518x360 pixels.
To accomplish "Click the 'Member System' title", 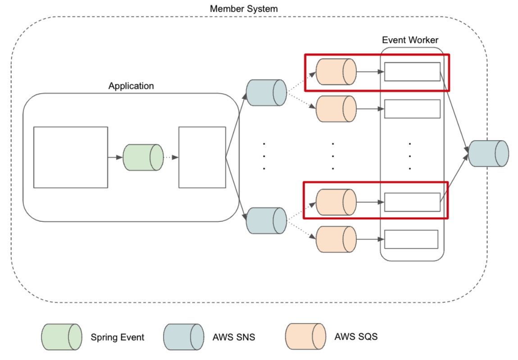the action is pyautogui.click(x=244, y=9).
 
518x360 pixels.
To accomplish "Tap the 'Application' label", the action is pyautogui.click(x=131, y=86).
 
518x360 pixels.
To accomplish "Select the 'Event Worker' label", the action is pyautogui.click(x=410, y=40).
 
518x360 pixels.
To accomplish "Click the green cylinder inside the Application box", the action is pyautogui.click(x=143, y=157).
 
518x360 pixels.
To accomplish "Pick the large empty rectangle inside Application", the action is pyautogui.click(x=71, y=157).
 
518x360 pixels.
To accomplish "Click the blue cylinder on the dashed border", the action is pyautogui.click(x=489, y=153).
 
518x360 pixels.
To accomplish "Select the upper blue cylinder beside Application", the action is pyautogui.click(x=266, y=92).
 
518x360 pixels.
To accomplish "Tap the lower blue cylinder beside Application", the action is pyautogui.click(x=266, y=220).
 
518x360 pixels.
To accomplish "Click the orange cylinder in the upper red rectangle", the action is pyautogui.click(x=336, y=72).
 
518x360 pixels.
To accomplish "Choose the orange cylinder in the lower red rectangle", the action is pyautogui.click(x=336, y=202).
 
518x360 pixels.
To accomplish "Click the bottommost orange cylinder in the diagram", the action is pyautogui.click(x=336, y=239).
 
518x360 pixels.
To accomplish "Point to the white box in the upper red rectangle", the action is pyautogui.click(x=412, y=72).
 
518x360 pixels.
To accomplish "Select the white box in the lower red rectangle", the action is pyautogui.click(x=412, y=202).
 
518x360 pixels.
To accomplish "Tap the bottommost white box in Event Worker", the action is pyautogui.click(x=411, y=239).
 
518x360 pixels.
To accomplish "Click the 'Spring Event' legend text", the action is pyautogui.click(x=117, y=337).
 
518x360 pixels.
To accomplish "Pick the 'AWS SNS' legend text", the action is pyautogui.click(x=234, y=337).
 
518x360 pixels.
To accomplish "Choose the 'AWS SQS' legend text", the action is pyautogui.click(x=356, y=337).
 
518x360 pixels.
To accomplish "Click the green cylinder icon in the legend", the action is pyautogui.click(x=62, y=337).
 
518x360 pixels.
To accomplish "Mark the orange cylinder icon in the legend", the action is pyautogui.click(x=305, y=337).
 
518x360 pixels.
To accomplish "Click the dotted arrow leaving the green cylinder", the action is pyautogui.click(x=171, y=157).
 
